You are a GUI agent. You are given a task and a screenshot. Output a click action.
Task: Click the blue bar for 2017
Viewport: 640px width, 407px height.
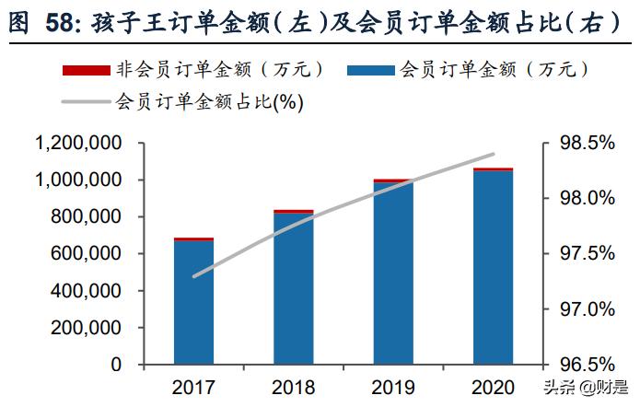click(194, 303)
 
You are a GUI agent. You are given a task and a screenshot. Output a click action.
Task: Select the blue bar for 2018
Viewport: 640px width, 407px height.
click(294, 289)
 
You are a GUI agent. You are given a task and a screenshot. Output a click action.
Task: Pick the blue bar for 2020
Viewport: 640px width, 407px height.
click(493, 268)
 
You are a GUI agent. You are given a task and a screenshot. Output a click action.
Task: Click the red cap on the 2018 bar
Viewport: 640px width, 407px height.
click(294, 212)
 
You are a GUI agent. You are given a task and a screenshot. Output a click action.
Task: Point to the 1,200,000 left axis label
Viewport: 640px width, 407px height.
click(78, 144)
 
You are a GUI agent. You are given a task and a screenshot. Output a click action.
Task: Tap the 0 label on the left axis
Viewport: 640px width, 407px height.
click(116, 365)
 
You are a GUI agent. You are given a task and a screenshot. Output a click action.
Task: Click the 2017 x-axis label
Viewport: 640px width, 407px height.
click(194, 387)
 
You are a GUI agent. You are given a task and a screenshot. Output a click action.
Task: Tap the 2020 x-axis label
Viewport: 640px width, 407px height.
click(493, 387)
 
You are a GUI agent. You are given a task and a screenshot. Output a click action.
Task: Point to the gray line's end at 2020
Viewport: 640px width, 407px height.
click(494, 154)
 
